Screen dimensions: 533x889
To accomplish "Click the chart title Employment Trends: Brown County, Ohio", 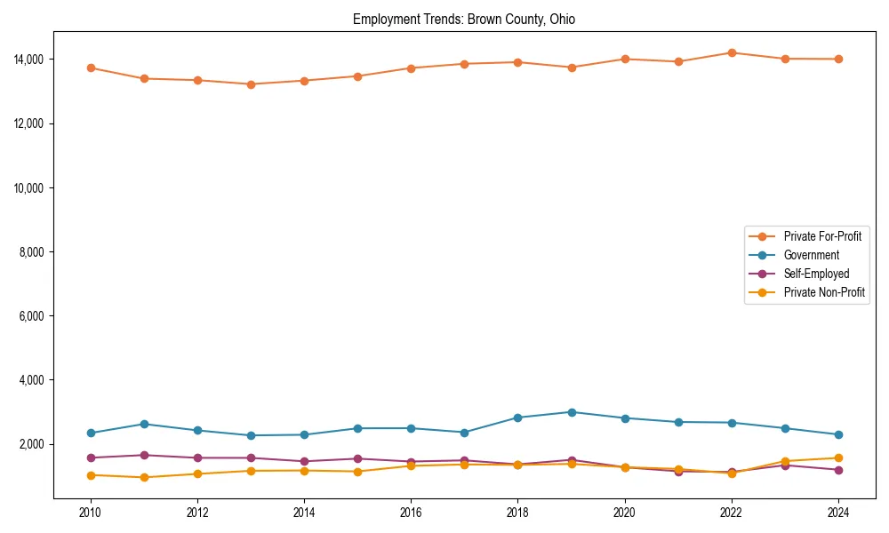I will click(464, 20).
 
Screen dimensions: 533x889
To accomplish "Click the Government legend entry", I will click(811, 255).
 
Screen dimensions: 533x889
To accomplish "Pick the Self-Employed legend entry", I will click(816, 274).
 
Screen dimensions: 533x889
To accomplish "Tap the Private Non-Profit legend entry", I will click(824, 292).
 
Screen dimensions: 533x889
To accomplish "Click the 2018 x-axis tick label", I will click(517, 513).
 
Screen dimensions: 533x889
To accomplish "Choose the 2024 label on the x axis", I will click(837, 513).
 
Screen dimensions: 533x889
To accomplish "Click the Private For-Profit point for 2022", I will click(731, 52).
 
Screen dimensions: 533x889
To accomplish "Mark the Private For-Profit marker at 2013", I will click(251, 84).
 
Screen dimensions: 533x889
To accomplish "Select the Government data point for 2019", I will click(571, 412).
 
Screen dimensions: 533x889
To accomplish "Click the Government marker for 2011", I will click(144, 424).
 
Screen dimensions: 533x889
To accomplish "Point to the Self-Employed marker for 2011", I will click(144, 455).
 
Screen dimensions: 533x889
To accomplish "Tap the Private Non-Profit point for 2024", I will click(837, 458).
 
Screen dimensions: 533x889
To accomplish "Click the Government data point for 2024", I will click(837, 434).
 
